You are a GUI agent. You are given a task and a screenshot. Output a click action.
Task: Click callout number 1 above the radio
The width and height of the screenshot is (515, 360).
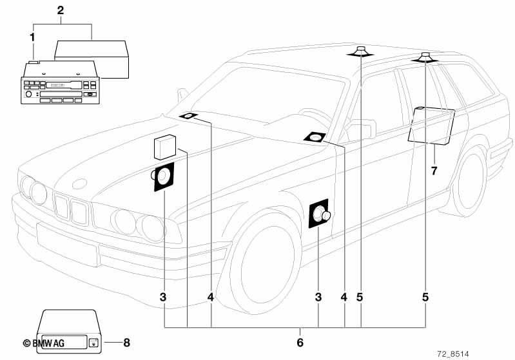point(32,37)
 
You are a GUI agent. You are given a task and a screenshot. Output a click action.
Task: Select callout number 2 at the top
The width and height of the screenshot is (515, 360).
point(61,10)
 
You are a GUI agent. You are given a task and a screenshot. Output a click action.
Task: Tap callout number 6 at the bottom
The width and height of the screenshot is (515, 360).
point(299,341)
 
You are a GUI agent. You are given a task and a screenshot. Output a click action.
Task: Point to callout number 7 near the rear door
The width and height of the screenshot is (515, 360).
point(434,171)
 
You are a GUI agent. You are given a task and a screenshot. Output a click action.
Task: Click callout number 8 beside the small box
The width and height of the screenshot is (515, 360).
point(126,343)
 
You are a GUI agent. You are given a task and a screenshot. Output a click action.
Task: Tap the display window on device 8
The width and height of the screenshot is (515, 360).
point(63,343)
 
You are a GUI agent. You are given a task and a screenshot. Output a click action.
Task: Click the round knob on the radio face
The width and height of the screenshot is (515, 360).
point(28,95)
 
